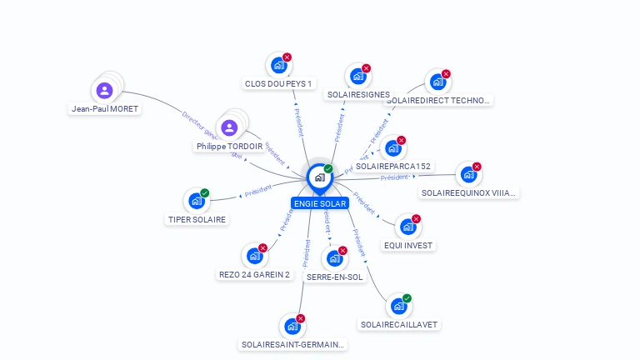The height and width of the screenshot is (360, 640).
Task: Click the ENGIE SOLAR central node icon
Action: [319, 177]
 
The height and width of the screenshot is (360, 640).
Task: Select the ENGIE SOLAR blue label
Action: [319, 203]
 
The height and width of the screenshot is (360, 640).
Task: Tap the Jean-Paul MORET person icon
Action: [105, 91]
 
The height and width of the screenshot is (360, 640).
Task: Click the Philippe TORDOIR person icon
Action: [229, 127]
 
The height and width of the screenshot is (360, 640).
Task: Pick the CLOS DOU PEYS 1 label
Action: [278, 83]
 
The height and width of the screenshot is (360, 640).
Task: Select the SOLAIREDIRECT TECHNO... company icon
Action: [436, 82]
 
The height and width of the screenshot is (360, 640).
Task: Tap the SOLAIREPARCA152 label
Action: [393, 166]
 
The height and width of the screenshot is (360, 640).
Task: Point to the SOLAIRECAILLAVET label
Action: [399, 324]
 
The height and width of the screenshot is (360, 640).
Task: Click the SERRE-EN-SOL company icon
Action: [334, 259]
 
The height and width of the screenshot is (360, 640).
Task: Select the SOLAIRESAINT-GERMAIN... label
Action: [292, 344]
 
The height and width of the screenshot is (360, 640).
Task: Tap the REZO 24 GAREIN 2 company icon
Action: [254, 257]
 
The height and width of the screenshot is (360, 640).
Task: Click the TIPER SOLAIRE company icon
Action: [196, 202]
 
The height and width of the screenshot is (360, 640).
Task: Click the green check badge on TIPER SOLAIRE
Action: [205, 193]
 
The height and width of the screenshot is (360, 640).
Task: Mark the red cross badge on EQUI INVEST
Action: [417, 219]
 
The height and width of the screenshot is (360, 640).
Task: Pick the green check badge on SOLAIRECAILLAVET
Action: [407, 298]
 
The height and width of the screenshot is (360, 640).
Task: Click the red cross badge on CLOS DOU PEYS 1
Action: [287, 57]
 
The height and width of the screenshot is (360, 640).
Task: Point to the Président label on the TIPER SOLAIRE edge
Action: [258, 190]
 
